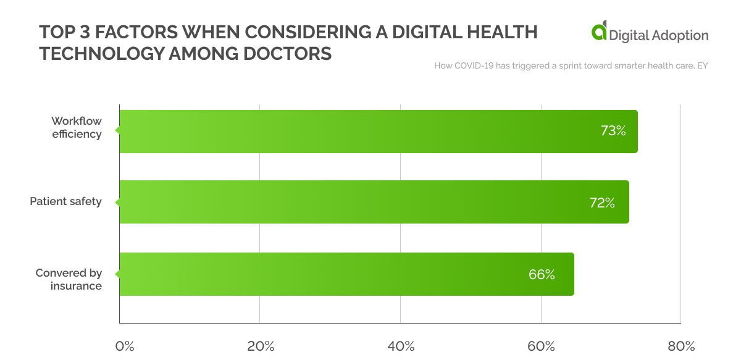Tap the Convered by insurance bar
pyautogui.click(x=346, y=274)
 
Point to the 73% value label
pyautogui.click(x=613, y=131)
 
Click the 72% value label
pyautogui.click(x=602, y=203)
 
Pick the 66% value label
pyautogui.click(x=542, y=275)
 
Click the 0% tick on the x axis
pyautogui.click(x=125, y=346)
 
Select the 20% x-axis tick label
pyautogui.click(x=261, y=346)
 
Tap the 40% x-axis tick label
pyautogui.click(x=401, y=346)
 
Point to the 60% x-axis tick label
pyautogui.click(x=542, y=346)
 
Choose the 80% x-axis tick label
pyautogui.click(x=681, y=346)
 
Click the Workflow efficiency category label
pyautogui.click(x=77, y=127)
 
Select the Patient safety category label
pyautogui.click(x=65, y=201)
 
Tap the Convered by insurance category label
pyautogui.click(x=69, y=279)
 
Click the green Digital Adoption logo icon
pyautogui.click(x=599, y=33)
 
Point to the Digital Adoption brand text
pyautogui.click(x=659, y=35)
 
